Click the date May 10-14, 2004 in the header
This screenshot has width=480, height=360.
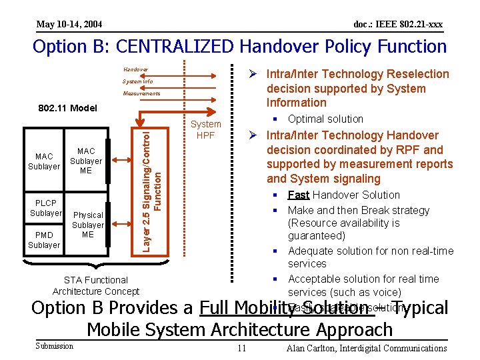click(x=69, y=25)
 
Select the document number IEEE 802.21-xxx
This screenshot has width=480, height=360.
click(x=397, y=25)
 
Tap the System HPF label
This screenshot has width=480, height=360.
click(x=205, y=129)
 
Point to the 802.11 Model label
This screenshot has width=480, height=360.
click(x=67, y=108)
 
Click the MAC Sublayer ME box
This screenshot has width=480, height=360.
click(x=86, y=161)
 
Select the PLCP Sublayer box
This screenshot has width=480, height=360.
click(x=45, y=207)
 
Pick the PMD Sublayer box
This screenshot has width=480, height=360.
click(x=44, y=240)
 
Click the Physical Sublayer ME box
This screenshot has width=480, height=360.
click(x=88, y=225)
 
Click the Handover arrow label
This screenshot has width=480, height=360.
click(x=135, y=69)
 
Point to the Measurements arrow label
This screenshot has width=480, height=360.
click(x=141, y=94)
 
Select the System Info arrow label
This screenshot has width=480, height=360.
click(x=137, y=82)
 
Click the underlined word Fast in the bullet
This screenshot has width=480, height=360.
click(x=299, y=195)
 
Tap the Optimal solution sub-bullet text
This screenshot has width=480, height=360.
click(x=325, y=119)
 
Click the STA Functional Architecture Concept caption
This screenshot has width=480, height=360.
click(x=96, y=285)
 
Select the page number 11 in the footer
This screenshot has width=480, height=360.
click(x=242, y=348)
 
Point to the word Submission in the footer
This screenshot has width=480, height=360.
click(x=55, y=345)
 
